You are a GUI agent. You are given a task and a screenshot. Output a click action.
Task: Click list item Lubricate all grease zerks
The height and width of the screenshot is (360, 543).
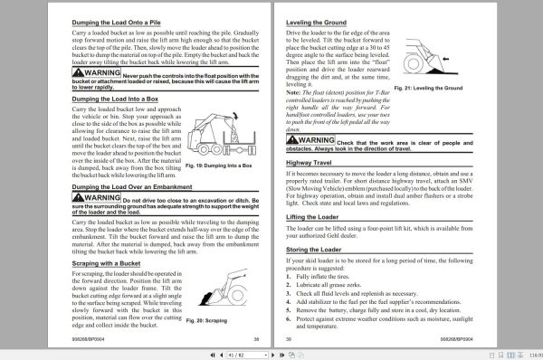click(348, 287)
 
